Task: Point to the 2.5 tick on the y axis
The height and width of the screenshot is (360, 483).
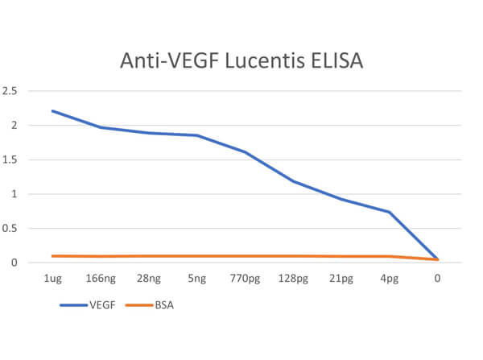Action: click(x=10, y=91)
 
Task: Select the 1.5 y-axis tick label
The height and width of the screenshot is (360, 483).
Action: click(x=10, y=159)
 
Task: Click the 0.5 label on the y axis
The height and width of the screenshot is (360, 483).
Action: click(x=10, y=229)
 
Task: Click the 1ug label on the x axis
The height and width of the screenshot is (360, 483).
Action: click(x=52, y=279)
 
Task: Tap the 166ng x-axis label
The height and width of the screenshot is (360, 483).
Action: click(x=101, y=279)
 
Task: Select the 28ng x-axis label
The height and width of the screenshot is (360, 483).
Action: click(x=149, y=279)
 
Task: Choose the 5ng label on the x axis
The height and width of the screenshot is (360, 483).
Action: click(x=197, y=279)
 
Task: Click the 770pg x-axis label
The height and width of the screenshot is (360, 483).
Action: click(x=245, y=279)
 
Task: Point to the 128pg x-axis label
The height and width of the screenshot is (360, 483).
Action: click(x=293, y=279)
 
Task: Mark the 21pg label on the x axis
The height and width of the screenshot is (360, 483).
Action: click(x=341, y=279)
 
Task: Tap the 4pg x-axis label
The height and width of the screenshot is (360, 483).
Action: click(x=390, y=279)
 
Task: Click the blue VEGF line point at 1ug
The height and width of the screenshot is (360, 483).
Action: click(x=52, y=111)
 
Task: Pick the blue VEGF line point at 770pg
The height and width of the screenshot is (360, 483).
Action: click(x=245, y=152)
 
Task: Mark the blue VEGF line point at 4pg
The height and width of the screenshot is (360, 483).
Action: click(x=390, y=212)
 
